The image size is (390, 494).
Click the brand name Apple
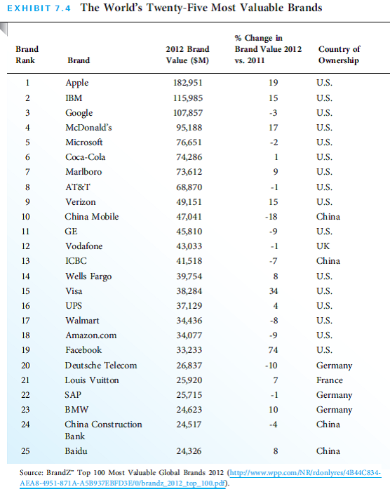pos(76,83)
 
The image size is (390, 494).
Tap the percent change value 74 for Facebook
pos(273,350)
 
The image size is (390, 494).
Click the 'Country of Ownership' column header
pos(339,55)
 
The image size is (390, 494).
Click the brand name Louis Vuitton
pos(92,380)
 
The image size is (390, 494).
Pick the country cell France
pos(330,380)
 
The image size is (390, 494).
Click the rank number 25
pos(27,450)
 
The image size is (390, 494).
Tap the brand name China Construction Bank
pos(103,429)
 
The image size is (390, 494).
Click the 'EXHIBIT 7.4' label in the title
pos(39,8)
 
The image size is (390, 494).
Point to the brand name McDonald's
pos(88,128)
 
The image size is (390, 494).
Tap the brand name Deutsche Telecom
pos(101,366)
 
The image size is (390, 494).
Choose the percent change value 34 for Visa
pos(273,291)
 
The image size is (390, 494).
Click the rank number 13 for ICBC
pos(27,261)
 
